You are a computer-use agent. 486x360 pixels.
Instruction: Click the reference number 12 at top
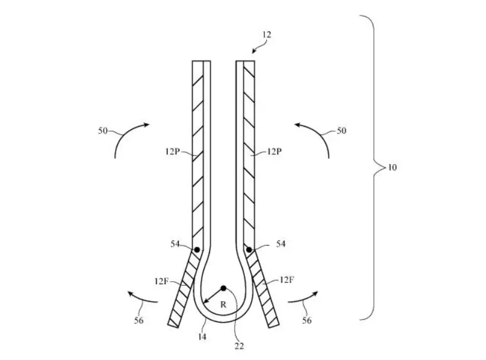tap(267, 34)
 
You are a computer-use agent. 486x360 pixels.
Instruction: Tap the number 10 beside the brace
tap(392, 167)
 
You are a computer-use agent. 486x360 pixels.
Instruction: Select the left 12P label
tap(172, 152)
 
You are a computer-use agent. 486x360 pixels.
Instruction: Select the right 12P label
tap(274, 152)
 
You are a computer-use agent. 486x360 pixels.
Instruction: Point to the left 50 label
tap(103, 130)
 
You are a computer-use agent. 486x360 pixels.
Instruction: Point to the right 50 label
tap(341, 130)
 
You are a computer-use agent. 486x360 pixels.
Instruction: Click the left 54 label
tap(175, 244)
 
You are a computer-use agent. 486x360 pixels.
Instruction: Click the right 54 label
tap(281, 244)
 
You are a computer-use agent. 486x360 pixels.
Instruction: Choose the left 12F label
tap(161, 281)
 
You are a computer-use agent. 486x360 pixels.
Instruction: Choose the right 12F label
tap(286, 280)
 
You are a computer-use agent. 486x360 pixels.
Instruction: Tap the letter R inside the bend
tap(223, 305)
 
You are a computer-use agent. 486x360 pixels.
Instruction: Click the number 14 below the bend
tap(202, 337)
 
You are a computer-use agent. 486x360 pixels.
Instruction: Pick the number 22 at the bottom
tap(239, 346)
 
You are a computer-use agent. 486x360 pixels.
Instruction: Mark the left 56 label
tap(139, 320)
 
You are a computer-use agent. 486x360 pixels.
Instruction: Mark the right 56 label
tap(307, 320)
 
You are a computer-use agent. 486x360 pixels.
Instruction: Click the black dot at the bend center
tap(223, 288)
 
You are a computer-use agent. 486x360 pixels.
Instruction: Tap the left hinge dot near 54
tap(197, 250)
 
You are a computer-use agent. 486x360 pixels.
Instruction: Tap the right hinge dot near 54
tap(249, 250)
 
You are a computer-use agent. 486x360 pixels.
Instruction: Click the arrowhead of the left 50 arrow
tap(146, 125)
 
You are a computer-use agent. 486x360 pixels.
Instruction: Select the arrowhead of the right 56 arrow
tap(315, 294)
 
